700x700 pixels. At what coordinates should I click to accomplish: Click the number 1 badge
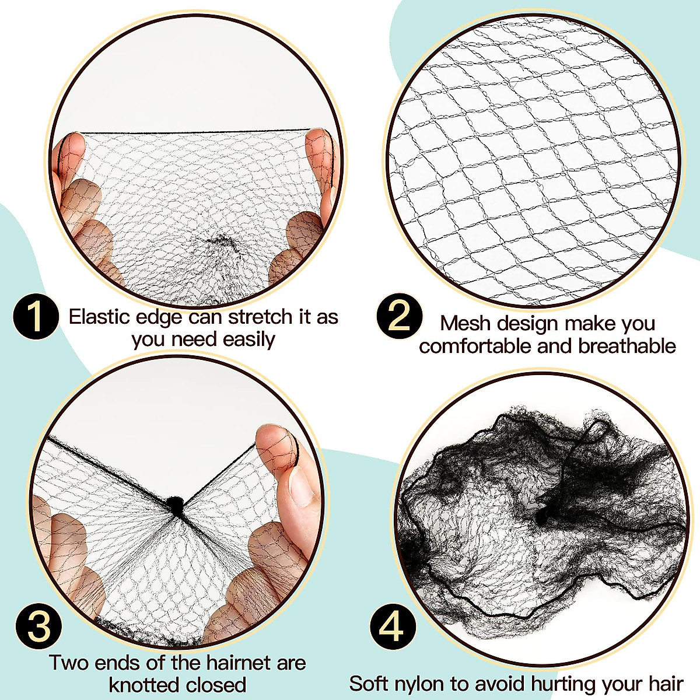coord(36,317)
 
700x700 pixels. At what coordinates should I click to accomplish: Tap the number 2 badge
coord(400,316)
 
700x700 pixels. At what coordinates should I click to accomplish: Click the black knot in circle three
coord(174,505)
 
